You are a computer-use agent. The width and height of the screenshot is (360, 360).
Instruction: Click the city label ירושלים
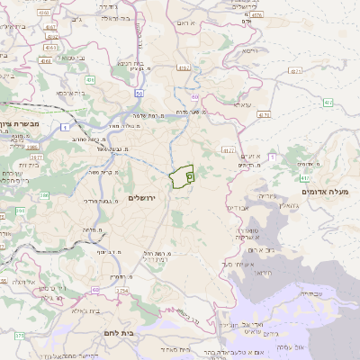click(142, 197)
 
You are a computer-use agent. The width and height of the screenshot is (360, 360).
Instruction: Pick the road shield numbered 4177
click(229, 150)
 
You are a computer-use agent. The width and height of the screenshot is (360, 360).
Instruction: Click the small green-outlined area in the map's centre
click(183, 176)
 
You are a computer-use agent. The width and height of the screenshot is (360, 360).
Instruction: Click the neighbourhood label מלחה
click(91, 229)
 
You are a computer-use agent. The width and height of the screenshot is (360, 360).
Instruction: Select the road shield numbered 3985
click(31, 148)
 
